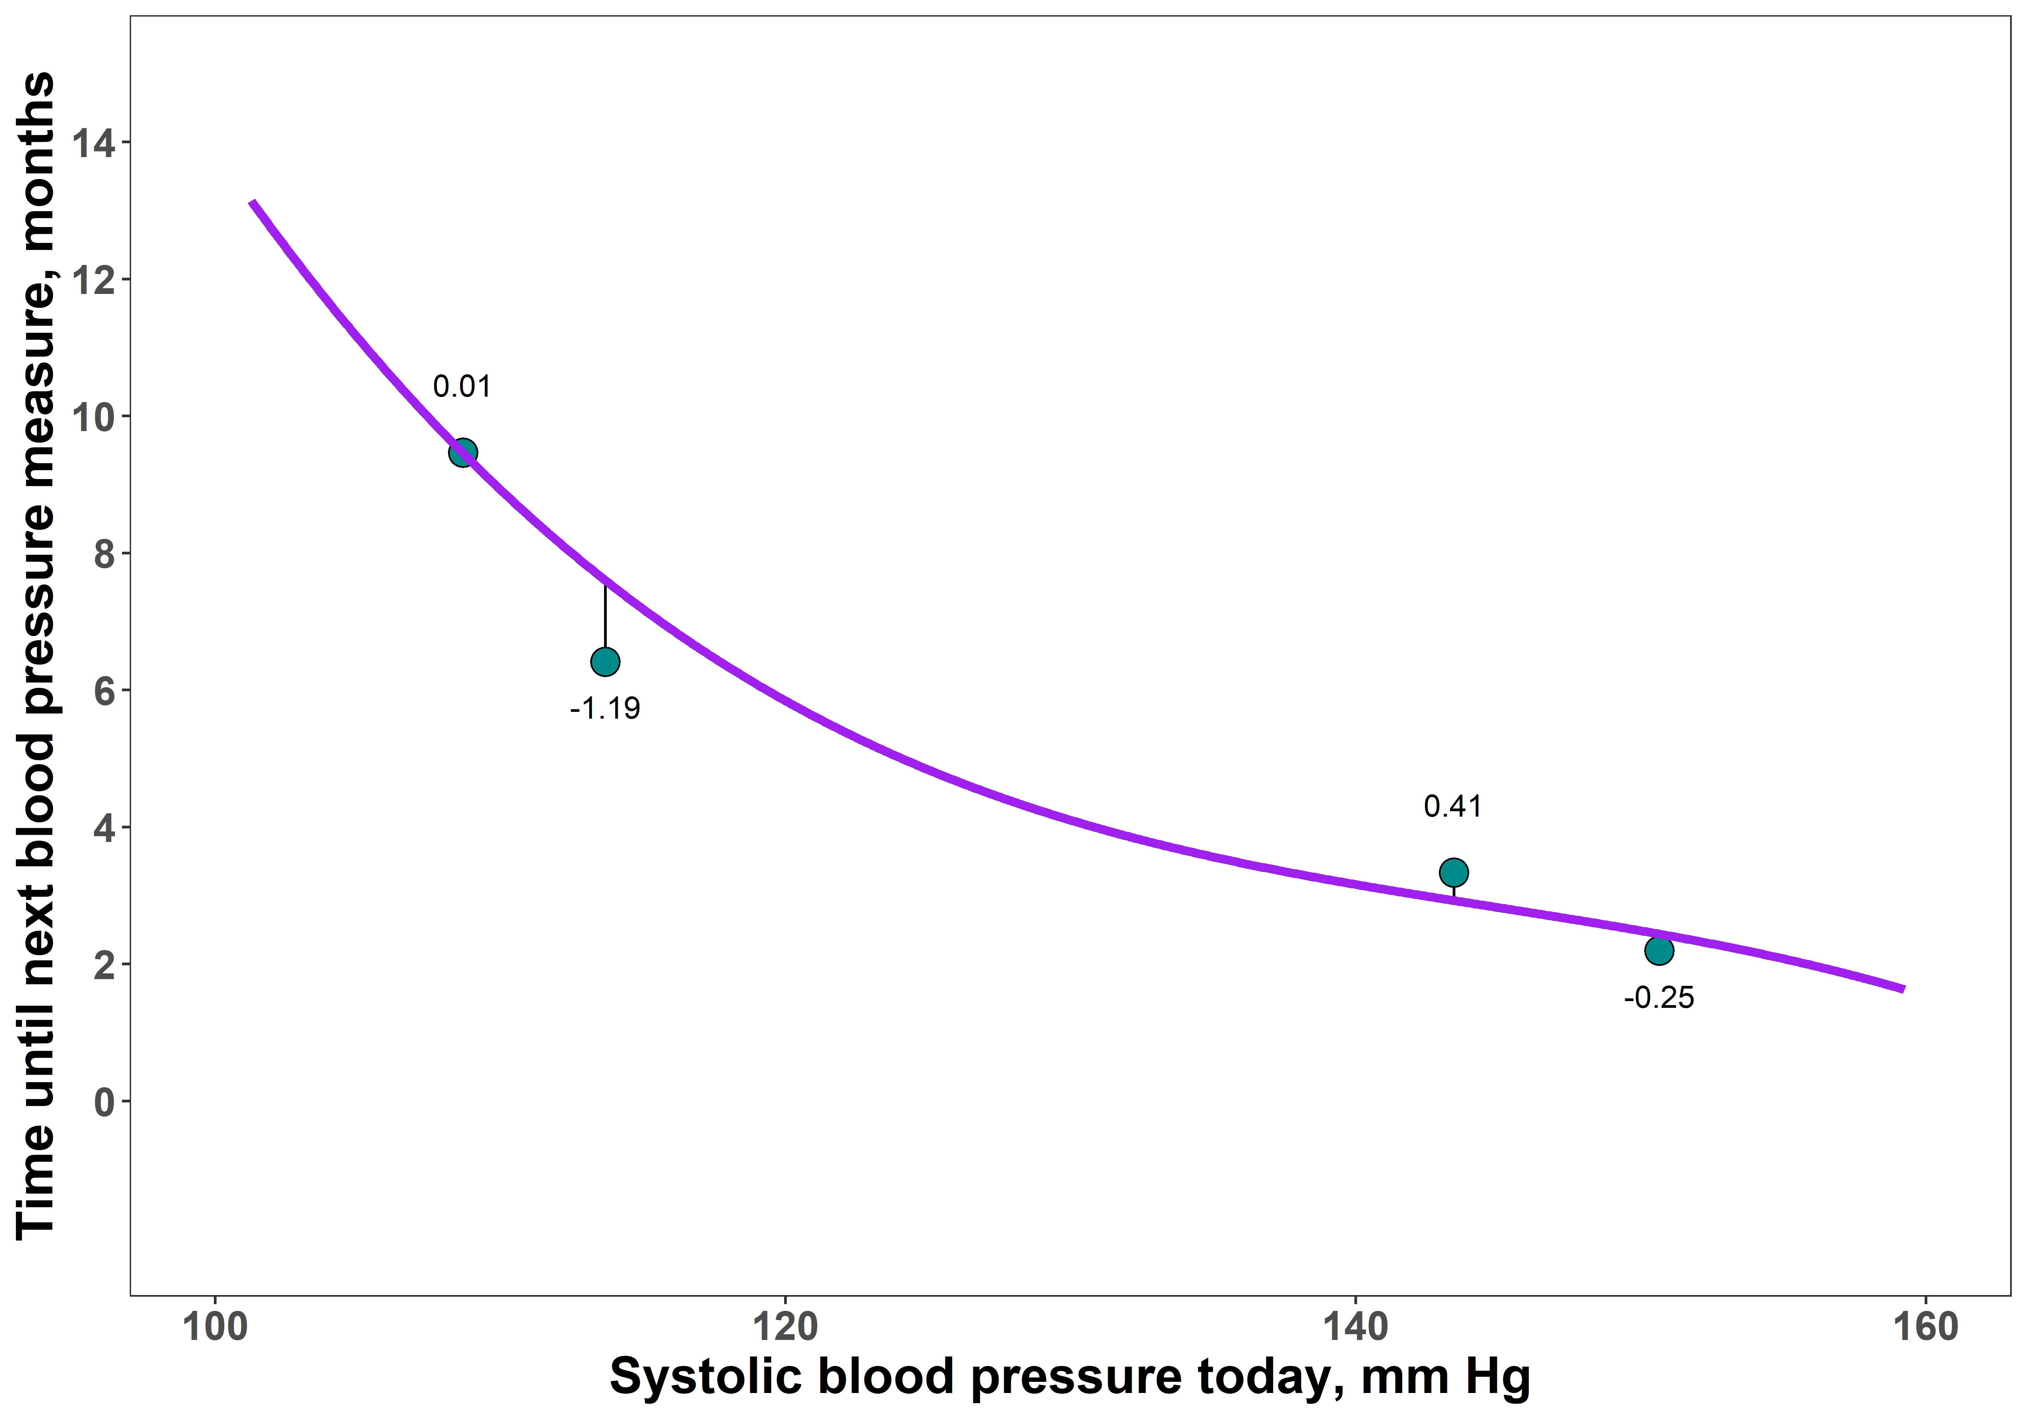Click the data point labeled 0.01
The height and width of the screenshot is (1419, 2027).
click(x=462, y=453)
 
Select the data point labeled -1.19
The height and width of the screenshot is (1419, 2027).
click(x=605, y=662)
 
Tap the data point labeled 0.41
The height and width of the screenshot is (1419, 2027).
click(x=1453, y=872)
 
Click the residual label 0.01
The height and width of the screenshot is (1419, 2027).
click(x=462, y=387)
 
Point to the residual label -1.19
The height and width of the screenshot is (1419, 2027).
click(x=605, y=708)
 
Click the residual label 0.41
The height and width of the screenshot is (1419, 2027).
click(x=1452, y=806)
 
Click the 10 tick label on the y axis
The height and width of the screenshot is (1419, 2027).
click(x=94, y=417)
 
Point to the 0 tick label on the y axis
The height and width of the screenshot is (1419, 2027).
click(x=104, y=1102)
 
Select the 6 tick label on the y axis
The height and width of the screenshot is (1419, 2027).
click(x=104, y=691)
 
